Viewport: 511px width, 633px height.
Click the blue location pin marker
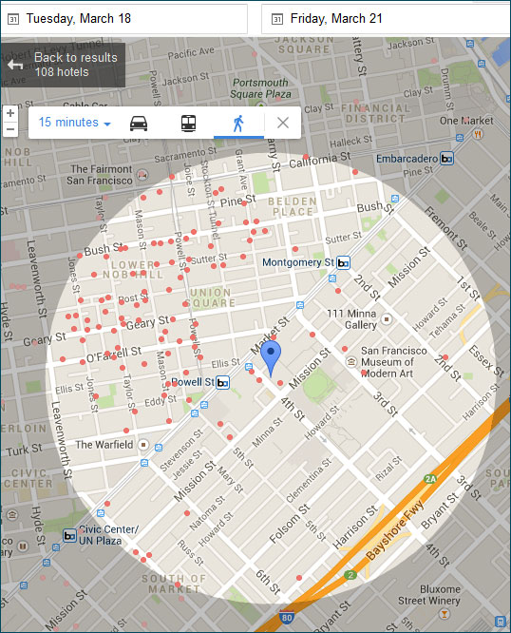(272, 357)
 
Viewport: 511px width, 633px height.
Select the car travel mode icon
(139, 123)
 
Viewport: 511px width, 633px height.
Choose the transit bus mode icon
(188, 123)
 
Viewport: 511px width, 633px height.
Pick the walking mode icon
(237, 123)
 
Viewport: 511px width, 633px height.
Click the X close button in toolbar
(282, 123)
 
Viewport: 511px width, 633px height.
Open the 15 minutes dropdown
(75, 123)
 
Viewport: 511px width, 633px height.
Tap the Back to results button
(63, 65)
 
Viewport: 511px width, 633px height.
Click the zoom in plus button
(9, 113)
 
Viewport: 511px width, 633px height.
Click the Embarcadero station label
(407, 159)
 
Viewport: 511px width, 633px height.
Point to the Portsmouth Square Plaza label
(259, 88)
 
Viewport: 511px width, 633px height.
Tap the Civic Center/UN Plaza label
(108, 534)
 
